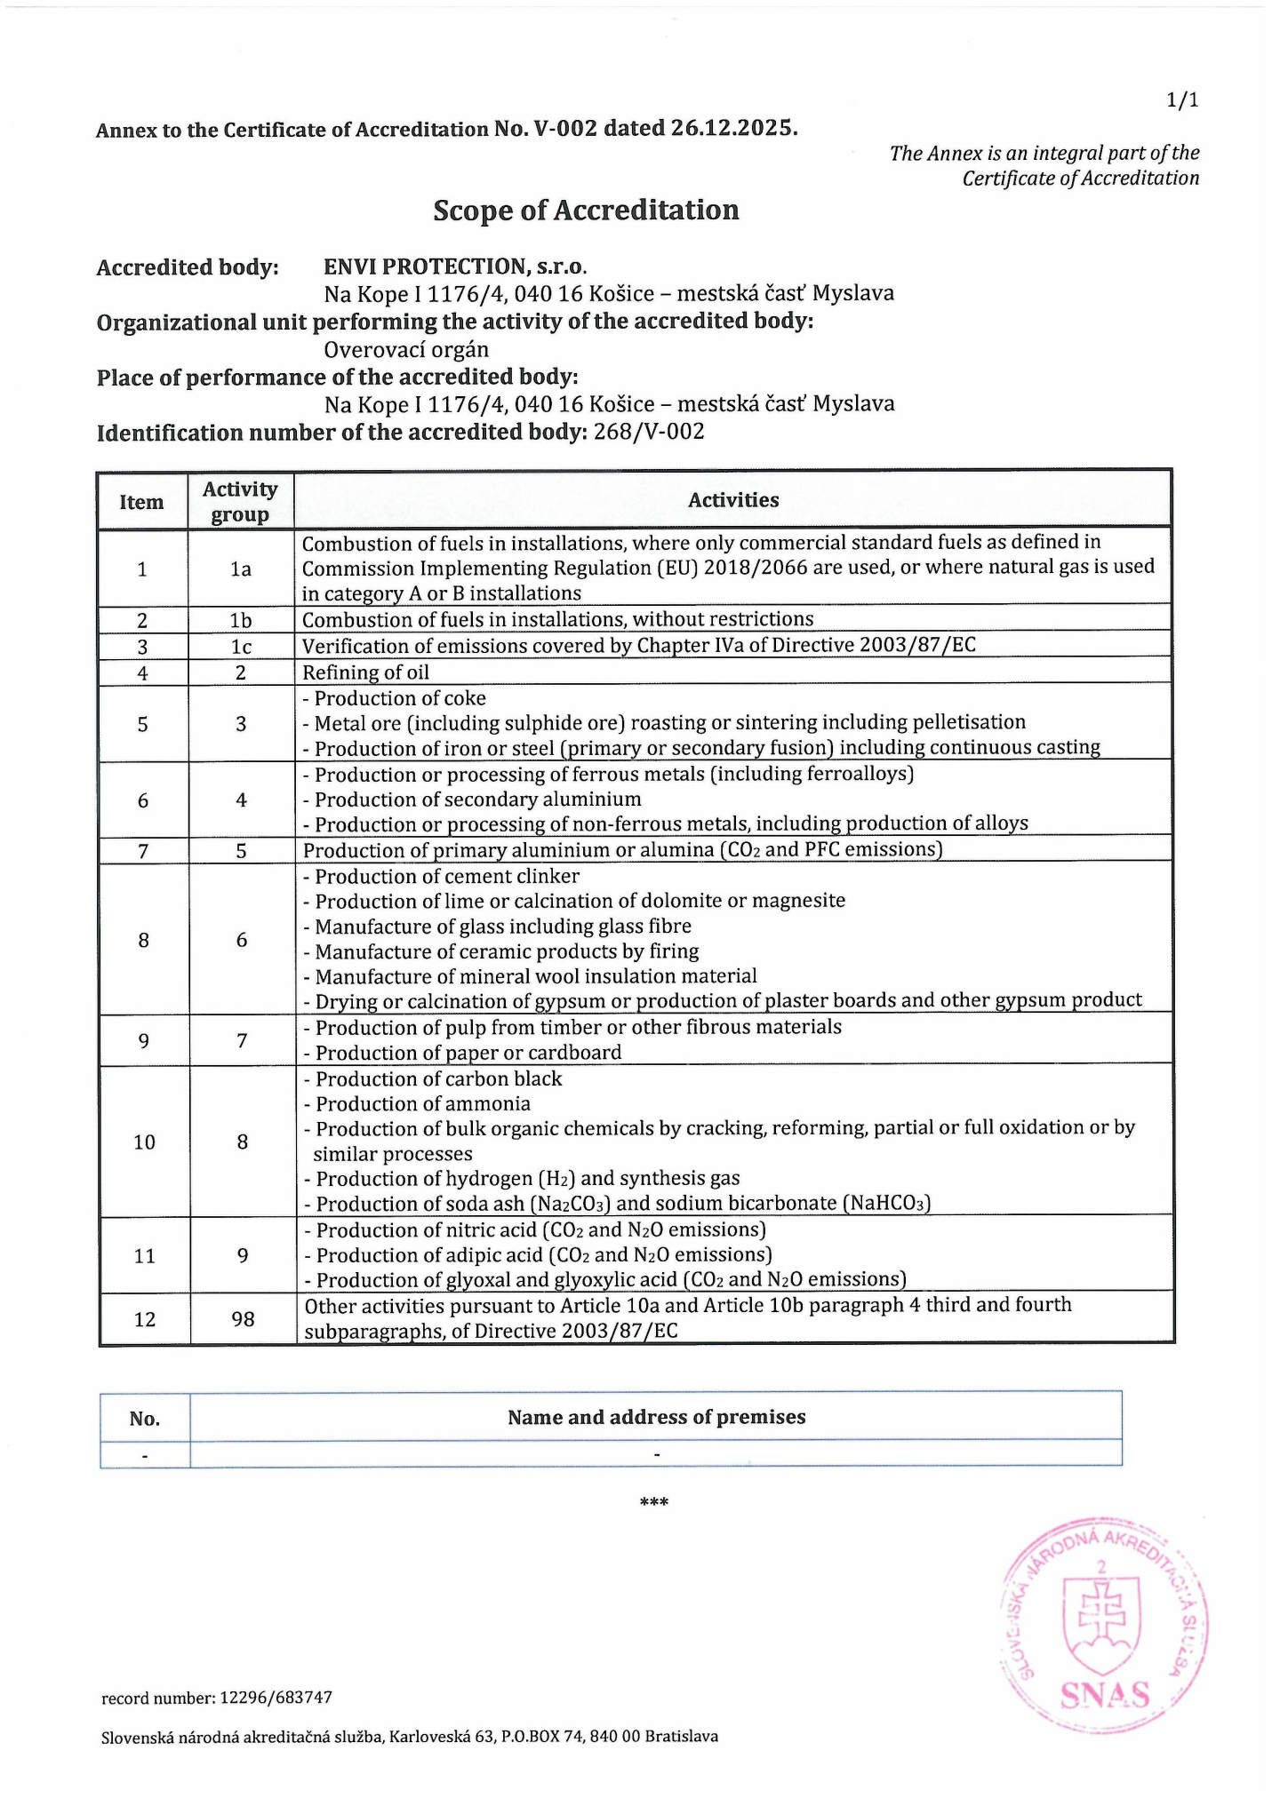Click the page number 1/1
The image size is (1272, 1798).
tap(1182, 99)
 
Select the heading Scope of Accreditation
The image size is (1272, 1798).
tap(586, 211)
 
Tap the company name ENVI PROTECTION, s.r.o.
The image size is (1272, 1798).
tap(455, 267)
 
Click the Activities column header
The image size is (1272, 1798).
tap(733, 500)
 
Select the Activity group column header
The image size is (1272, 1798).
tap(240, 502)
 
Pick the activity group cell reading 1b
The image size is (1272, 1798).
tap(241, 620)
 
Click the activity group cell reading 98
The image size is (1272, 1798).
tap(243, 1318)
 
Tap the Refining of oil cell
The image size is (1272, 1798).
tap(366, 672)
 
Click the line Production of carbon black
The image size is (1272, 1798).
tap(438, 1078)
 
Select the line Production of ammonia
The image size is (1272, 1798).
tap(423, 1103)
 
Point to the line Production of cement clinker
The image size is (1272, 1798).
tap(447, 876)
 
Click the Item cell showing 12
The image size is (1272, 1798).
tap(144, 1319)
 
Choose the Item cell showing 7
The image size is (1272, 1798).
tap(142, 851)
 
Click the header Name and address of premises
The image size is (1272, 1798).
tap(656, 1417)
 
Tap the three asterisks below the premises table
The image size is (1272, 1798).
tap(654, 1502)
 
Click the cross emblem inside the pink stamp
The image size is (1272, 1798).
tap(1102, 1619)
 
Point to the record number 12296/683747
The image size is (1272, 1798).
tap(274, 1698)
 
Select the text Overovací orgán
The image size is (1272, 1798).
tap(406, 349)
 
